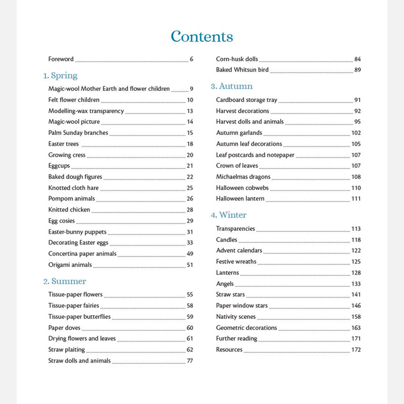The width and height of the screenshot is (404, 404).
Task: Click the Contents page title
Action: click(202, 37)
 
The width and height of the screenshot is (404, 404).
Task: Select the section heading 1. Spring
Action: click(60, 76)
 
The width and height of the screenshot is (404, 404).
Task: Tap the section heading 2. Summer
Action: click(65, 281)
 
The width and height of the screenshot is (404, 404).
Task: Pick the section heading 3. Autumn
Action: click(232, 86)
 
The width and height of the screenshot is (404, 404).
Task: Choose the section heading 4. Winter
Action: click(229, 215)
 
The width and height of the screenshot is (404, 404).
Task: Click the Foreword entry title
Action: click(61, 59)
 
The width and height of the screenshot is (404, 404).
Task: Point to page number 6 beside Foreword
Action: click(191, 59)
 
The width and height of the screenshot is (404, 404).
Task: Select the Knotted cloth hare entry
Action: click(74, 188)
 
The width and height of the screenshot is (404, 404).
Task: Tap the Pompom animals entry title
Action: click(72, 199)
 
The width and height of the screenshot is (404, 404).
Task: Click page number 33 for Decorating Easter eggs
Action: click(190, 243)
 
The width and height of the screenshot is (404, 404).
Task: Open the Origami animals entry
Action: click(70, 265)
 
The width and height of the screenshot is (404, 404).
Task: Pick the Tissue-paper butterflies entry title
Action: click(79, 317)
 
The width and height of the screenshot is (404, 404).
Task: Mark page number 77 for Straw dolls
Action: click(190, 361)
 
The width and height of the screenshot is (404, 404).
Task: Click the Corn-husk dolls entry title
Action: click(237, 59)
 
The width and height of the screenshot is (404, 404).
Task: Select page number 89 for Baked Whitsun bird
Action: click(357, 70)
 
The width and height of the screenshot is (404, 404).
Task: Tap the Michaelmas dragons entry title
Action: click(243, 177)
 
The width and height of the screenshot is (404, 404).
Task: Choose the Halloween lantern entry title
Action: click(240, 199)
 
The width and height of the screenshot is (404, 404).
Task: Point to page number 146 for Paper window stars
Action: click(356, 306)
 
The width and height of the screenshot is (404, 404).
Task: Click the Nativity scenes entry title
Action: click(236, 317)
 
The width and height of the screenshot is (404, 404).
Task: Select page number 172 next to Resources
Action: click(356, 350)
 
